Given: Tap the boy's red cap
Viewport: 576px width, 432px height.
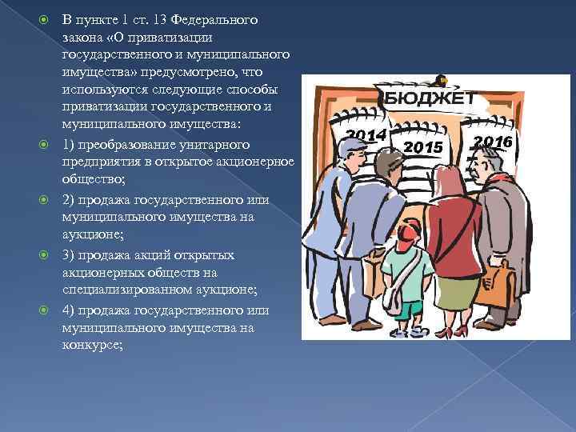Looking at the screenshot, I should pos(408,231).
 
